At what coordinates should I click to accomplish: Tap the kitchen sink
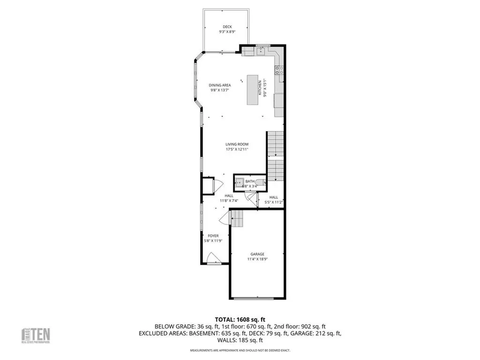point(261,51)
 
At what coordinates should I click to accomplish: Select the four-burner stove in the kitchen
point(280,70)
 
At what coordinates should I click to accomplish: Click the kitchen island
point(253,89)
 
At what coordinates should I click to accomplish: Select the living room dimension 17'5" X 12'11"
point(237,150)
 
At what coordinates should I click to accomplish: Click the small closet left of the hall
point(207,185)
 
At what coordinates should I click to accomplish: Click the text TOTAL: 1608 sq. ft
point(240,319)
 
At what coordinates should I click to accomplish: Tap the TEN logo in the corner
point(36,335)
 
